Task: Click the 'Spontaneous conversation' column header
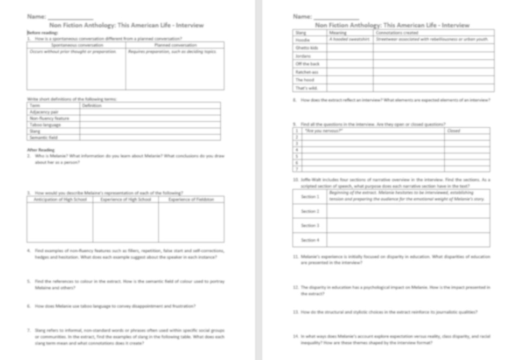(x=75, y=45)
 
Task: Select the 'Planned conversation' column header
(x=175, y=45)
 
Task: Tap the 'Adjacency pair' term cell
(x=44, y=112)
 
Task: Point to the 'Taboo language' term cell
(x=45, y=124)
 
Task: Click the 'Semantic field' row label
(x=44, y=137)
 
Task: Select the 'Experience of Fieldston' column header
(x=191, y=199)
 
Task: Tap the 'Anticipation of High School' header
(x=60, y=199)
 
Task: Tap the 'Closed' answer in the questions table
(x=453, y=130)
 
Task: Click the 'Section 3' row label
(x=310, y=225)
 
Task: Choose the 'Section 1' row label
(x=310, y=197)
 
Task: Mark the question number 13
(x=296, y=312)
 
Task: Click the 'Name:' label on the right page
(x=302, y=16)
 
